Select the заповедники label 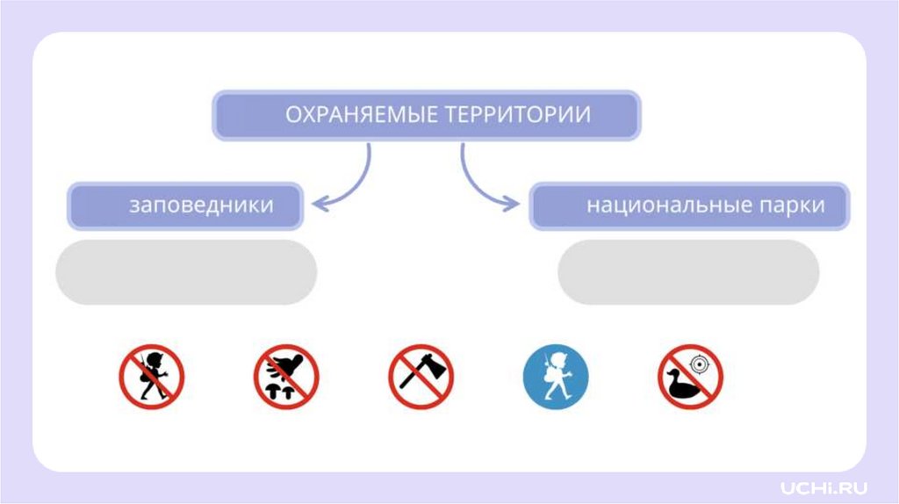201,205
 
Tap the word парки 794,205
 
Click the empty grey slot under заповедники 186,272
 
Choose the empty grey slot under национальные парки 688,272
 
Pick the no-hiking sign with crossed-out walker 151,377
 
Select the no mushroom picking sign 286,377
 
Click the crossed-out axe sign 421,377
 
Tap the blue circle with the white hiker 556,377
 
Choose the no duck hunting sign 690,377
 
